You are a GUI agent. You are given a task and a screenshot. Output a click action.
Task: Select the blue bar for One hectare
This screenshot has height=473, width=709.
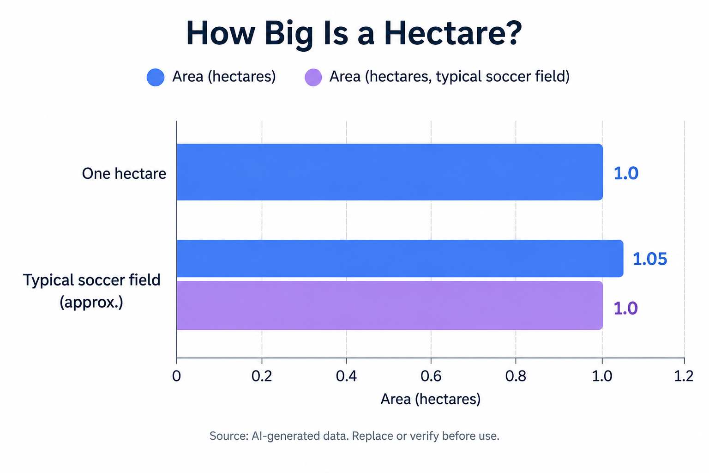click(x=390, y=172)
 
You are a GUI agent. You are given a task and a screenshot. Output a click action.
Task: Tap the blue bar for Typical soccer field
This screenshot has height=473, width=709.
click(x=400, y=259)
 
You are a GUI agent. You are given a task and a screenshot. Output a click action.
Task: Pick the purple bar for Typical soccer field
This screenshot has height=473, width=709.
click(x=390, y=305)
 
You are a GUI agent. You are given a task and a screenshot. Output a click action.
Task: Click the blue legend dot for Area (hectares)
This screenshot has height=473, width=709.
click(x=156, y=77)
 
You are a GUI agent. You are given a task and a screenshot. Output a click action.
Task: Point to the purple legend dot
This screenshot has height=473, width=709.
click(x=313, y=77)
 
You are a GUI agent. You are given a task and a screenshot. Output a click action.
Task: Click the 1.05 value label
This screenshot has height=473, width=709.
click(x=650, y=259)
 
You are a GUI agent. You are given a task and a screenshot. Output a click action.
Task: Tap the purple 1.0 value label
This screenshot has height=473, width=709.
click(x=625, y=309)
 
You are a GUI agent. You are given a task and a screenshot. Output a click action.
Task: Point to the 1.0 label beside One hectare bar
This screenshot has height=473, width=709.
click(x=626, y=174)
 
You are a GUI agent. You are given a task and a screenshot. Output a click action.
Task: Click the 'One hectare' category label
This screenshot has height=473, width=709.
click(x=124, y=174)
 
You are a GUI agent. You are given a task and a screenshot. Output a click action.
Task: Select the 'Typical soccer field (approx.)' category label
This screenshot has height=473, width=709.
click(x=92, y=291)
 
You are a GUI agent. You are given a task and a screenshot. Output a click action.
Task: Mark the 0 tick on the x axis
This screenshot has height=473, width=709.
click(x=177, y=376)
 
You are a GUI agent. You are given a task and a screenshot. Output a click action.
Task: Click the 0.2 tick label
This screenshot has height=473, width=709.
click(x=262, y=376)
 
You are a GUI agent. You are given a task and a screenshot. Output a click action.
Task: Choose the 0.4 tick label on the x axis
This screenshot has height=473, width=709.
click(x=346, y=376)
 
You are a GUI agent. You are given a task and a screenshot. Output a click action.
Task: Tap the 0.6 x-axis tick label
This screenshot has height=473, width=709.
click(x=431, y=376)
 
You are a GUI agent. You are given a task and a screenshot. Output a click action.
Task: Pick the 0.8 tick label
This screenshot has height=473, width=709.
click(x=516, y=376)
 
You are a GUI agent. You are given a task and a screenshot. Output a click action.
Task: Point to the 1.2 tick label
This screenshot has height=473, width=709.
click(x=684, y=376)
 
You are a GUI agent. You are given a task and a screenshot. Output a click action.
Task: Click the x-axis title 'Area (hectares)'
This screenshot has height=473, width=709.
click(x=431, y=399)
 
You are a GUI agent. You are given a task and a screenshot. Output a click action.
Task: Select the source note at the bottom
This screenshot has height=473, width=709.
click(x=354, y=436)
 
